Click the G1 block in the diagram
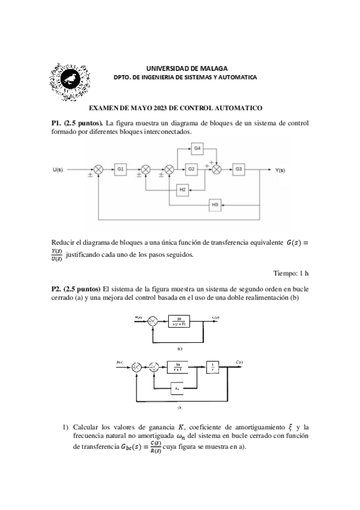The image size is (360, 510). pos(120,170)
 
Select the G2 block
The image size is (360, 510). pos(191,170)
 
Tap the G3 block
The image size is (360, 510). pos(239,170)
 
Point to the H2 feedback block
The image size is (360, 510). pos(183,190)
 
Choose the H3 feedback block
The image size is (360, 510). pos(215,205)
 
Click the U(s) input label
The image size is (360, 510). pos(59,170)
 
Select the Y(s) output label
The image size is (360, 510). pos(280,170)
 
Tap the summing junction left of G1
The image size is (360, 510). pos(99,170)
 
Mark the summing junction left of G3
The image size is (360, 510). pos(216,170)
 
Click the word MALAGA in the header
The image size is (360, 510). pos(215,69)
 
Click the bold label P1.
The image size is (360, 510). pos(58,122)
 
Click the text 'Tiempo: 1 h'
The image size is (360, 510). pos(291,272)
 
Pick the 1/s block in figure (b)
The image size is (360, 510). pos(213,366)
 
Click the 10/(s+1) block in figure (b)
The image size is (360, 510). pos(178,366)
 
